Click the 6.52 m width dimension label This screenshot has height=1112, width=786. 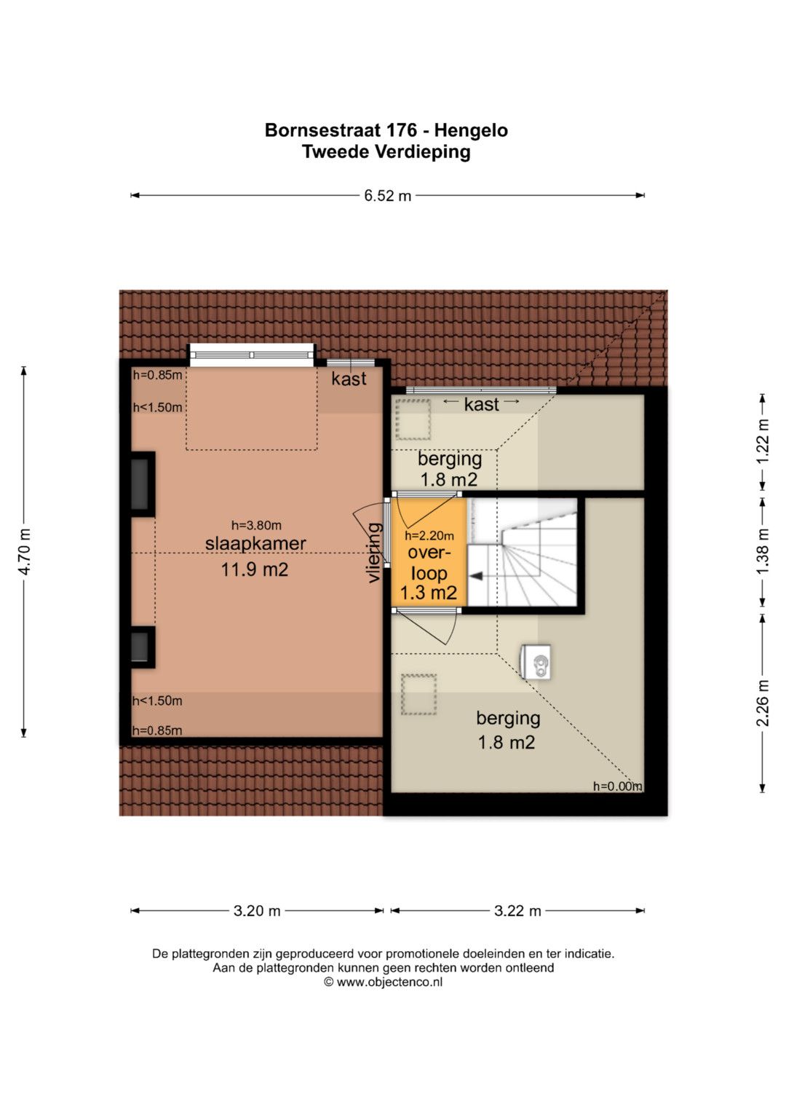pyautogui.click(x=387, y=196)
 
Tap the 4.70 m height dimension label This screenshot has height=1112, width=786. pyautogui.click(x=25, y=551)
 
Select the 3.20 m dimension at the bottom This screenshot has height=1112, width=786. pyautogui.click(x=256, y=911)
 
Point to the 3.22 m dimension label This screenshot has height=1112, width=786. pyautogui.click(x=517, y=911)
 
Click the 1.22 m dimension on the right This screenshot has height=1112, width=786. pyautogui.click(x=762, y=441)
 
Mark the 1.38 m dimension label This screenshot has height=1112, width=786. pyautogui.click(x=762, y=552)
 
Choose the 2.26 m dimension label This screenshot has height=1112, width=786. pyautogui.click(x=762, y=703)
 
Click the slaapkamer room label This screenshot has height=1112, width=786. pyautogui.click(x=255, y=543)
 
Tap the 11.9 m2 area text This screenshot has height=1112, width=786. pyautogui.click(x=255, y=569)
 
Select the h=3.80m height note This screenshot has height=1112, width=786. pyautogui.click(x=256, y=525)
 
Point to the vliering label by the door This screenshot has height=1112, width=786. pyautogui.click(x=374, y=553)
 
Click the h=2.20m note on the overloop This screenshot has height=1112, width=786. pyautogui.click(x=429, y=536)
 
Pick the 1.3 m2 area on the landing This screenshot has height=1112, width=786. pyautogui.click(x=428, y=593)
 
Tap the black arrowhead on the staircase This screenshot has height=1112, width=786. pyautogui.click(x=476, y=576)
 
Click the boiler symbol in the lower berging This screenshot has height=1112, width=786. pyautogui.click(x=535, y=662)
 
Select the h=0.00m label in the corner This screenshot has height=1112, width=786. pyautogui.click(x=617, y=786)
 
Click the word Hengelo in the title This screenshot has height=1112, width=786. pyautogui.click(x=471, y=130)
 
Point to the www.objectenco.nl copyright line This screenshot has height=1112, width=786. pyautogui.click(x=383, y=982)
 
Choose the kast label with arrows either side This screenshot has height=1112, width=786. pyautogui.click(x=481, y=405)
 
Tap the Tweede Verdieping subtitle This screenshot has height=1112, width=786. pyautogui.click(x=386, y=151)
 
